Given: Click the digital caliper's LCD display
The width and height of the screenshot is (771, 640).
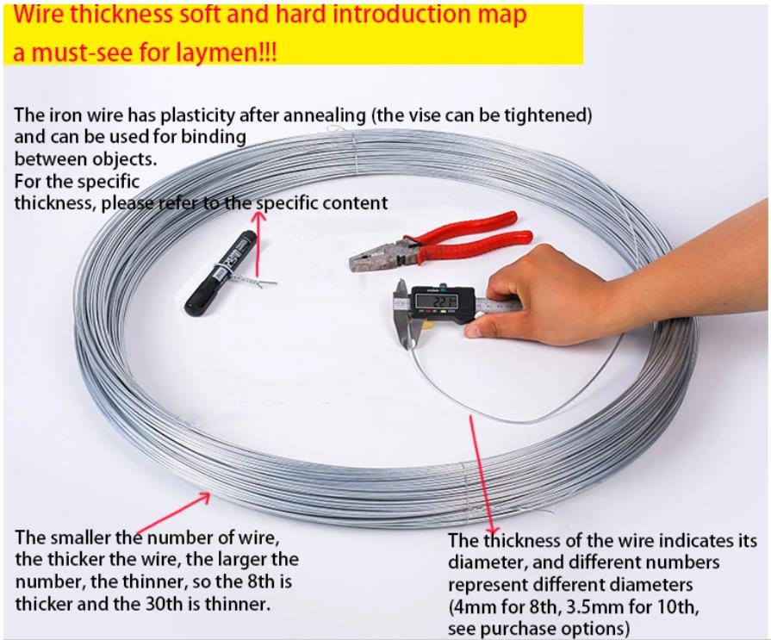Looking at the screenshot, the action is click(x=436, y=301).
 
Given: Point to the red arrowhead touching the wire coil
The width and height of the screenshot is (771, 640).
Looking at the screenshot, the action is click(x=203, y=498).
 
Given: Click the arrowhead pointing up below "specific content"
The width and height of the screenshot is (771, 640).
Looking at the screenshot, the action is click(x=258, y=216).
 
